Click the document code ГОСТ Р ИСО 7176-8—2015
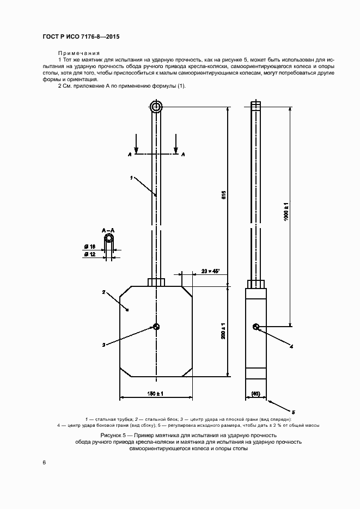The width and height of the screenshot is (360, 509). coord(81,36)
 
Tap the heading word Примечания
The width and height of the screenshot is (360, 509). coord(79,53)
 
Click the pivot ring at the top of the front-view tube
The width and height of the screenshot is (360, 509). coord(156,107)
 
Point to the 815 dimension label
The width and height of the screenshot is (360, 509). coord(223,195)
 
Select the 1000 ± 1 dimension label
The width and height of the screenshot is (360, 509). coord(286,211)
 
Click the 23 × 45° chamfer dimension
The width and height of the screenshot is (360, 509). coord(211,271)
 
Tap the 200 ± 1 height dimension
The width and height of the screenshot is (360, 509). coord(223,331)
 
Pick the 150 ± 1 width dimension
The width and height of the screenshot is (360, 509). coord(155,394)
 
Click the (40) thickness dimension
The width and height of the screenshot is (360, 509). coord(256,394)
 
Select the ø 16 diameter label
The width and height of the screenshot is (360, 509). coord(90,247)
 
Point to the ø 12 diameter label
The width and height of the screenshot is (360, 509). coord(90,255)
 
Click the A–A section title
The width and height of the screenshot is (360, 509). coord(108,231)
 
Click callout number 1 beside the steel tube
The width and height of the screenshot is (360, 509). coord(131,177)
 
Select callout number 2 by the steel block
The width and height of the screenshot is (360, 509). coord(103,292)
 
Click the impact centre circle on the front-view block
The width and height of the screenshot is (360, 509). coord(156,327)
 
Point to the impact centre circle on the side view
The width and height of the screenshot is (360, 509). coord(256,327)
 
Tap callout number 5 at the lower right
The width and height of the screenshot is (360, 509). coord(293,412)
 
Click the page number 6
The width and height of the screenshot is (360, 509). coord(45,462)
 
